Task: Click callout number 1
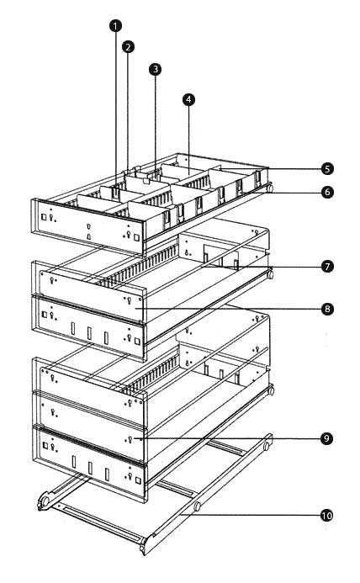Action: pos(115,26)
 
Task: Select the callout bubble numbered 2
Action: pos(128,47)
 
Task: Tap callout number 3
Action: pos(155,69)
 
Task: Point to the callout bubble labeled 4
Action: pos(188,99)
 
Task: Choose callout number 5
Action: pos(327,169)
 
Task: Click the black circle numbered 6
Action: pos(327,192)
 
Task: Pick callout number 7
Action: pos(327,267)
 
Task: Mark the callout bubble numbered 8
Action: pos(327,309)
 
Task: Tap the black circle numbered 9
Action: pos(326,438)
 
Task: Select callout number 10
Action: pos(326,516)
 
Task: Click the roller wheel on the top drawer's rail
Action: pos(270,188)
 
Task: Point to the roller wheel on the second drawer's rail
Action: pos(271,275)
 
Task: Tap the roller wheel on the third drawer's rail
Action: pos(272,391)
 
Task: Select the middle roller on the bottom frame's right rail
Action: pos(197,506)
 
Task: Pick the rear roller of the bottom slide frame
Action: pos(267,446)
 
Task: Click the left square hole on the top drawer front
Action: pos(44,216)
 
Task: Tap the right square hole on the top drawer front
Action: pos(136,237)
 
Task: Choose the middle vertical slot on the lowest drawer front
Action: pos(90,468)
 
